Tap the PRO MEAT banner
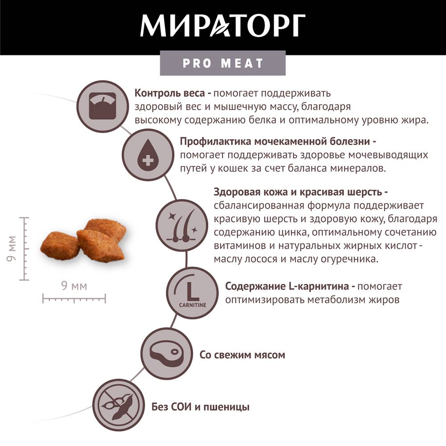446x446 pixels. (223, 63)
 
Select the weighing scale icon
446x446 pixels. (103, 107)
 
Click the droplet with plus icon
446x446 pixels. (148, 154)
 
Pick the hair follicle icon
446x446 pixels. (182, 225)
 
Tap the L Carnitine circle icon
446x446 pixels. (193, 293)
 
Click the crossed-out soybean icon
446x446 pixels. (119, 405)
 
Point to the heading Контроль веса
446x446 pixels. (169, 93)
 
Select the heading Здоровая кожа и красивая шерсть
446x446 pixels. (298, 192)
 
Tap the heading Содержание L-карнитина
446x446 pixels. (287, 286)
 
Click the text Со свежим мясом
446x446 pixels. (242, 355)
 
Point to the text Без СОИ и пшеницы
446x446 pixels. (200, 407)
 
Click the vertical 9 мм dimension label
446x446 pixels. (12, 248)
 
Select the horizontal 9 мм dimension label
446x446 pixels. (74, 286)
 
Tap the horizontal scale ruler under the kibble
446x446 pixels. (74, 299)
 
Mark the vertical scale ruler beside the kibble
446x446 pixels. (25, 248)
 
